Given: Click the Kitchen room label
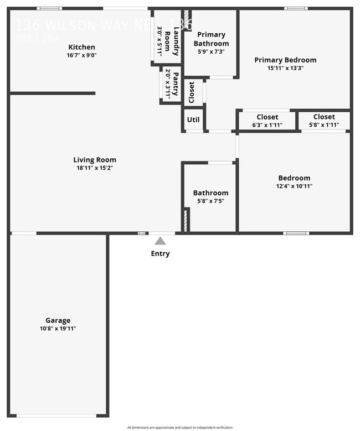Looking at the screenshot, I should point(81,47).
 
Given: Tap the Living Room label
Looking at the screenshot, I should point(95,160).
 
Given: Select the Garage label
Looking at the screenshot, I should point(58,320).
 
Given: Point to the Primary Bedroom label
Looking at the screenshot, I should point(285,60).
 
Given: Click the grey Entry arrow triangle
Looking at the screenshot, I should point(160,241).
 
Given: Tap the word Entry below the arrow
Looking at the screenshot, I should point(160,254).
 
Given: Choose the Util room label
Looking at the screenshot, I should point(193,120).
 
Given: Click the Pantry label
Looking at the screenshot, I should point(176,84).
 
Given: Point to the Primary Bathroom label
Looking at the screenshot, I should point(211,39).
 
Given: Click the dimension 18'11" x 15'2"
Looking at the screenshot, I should point(95,168).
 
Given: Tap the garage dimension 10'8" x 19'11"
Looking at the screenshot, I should point(58,329).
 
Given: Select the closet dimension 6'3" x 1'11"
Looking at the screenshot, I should point(268,125).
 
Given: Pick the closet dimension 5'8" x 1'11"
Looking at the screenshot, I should point(324,125).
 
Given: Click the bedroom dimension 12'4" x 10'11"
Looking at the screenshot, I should point(294,186).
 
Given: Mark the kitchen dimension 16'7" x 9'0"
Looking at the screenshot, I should point(81,55).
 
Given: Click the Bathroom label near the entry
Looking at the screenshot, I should point(210,193).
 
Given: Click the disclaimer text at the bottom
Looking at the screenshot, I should point(180,428).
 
